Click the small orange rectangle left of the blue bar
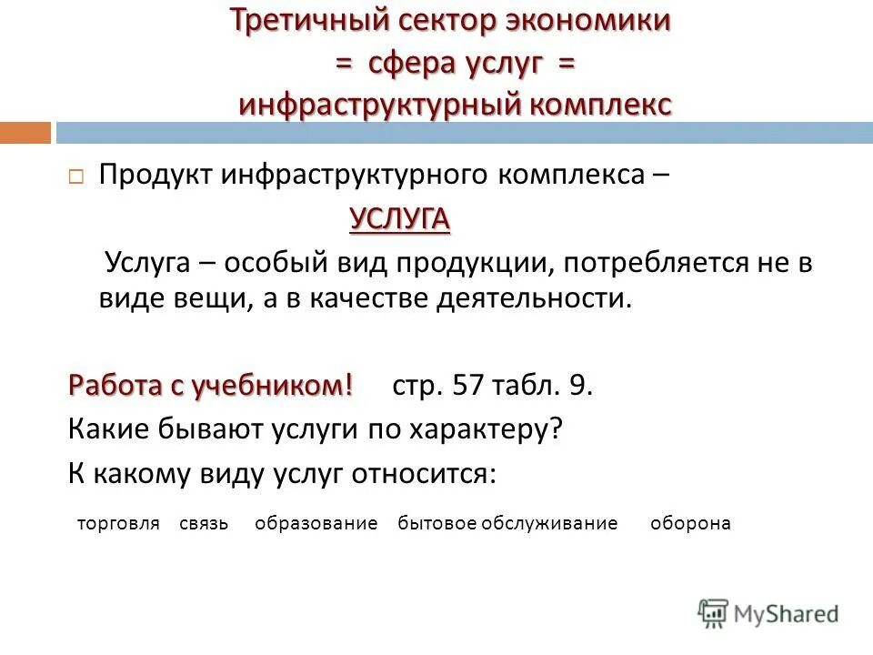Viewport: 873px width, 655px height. tap(25, 133)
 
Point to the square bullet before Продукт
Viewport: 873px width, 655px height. tap(76, 176)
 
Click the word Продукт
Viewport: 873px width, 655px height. tap(155, 175)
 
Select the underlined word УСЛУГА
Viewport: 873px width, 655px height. tap(400, 219)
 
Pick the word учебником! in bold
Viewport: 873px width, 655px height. tap(272, 386)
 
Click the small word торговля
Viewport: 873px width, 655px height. tap(118, 524)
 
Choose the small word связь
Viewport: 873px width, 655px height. tap(204, 524)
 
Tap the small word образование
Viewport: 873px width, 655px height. tap(316, 524)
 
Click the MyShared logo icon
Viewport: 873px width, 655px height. tap(714, 613)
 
